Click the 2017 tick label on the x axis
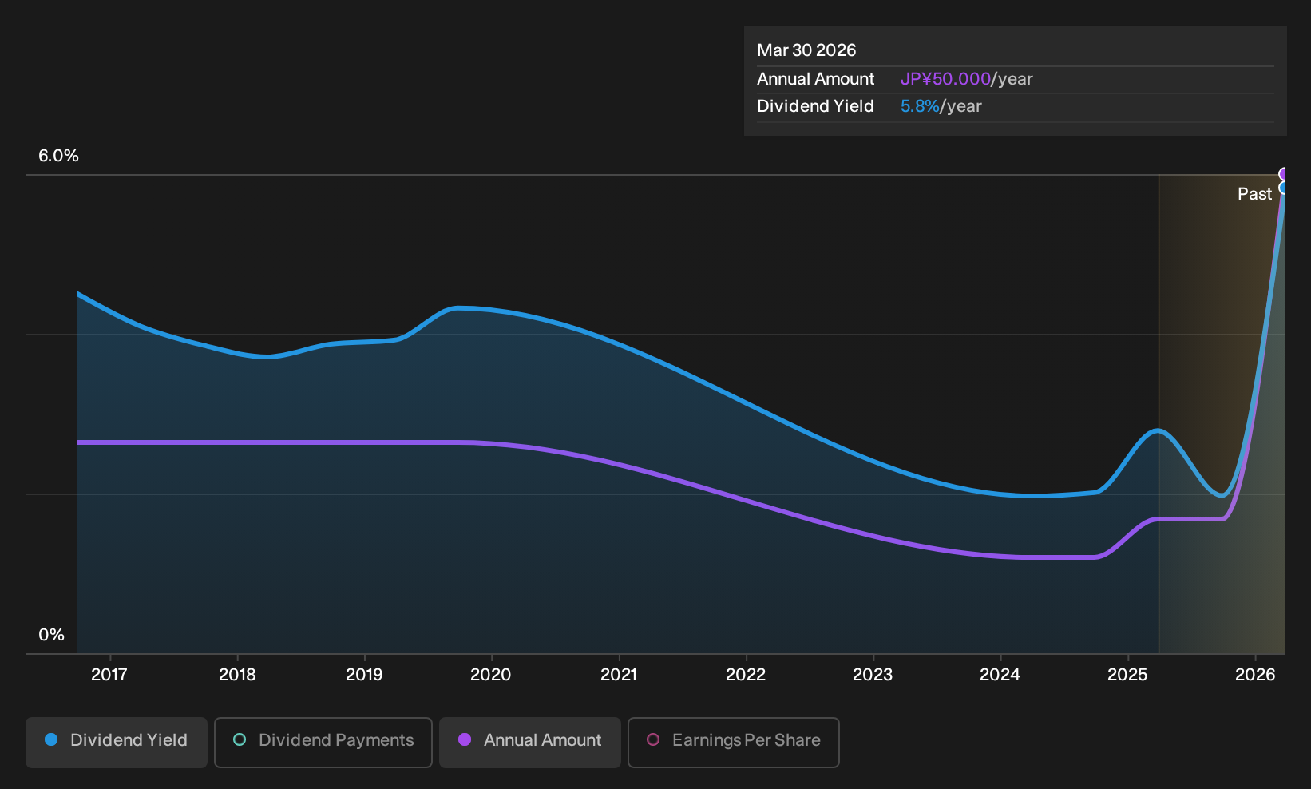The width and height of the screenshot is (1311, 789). point(109,675)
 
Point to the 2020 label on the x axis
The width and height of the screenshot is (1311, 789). point(490,675)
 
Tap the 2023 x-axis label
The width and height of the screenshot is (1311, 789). point(873,675)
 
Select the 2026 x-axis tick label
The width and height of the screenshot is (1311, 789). point(1255,675)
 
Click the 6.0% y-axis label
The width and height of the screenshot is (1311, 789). point(58,156)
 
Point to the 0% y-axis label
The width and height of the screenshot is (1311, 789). point(52,635)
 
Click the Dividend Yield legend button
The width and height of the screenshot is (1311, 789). point(117,742)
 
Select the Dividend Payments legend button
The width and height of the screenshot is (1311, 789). point(323,742)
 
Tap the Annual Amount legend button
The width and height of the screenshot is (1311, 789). point(529,742)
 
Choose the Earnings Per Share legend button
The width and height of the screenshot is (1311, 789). point(733,742)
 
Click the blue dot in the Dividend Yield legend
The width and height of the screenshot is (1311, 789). point(52,739)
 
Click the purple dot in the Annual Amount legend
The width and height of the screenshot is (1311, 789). point(465,739)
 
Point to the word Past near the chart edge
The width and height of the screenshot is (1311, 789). point(1255,194)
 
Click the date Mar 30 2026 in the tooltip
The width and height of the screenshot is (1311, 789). point(806,50)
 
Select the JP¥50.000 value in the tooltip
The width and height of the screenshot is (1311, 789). point(945,79)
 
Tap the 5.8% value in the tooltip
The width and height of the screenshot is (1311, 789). point(920,106)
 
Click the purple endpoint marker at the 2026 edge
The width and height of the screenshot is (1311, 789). point(1283,174)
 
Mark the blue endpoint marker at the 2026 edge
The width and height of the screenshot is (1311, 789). point(1283,188)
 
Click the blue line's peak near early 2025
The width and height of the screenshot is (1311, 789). point(1158,431)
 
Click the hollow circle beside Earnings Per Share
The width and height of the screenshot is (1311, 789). point(653,739)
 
